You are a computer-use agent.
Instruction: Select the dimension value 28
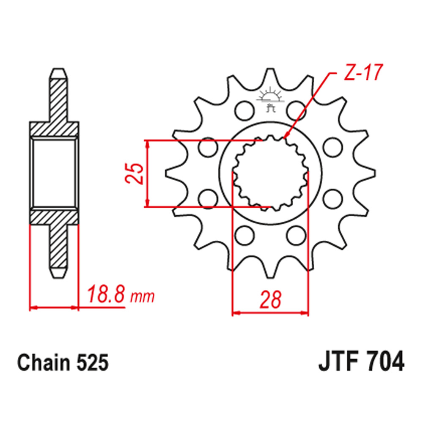pyautogui.click(x=270, y=300)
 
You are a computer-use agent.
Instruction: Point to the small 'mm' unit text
pyautogui.click(x=142, y=297)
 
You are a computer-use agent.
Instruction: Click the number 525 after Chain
pyautogui.click(x=91, y=363)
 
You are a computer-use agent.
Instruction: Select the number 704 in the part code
pyautogui.click(x=382, y=363)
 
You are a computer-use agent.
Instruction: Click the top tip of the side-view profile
pyautogui.click(x=59, y=71)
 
